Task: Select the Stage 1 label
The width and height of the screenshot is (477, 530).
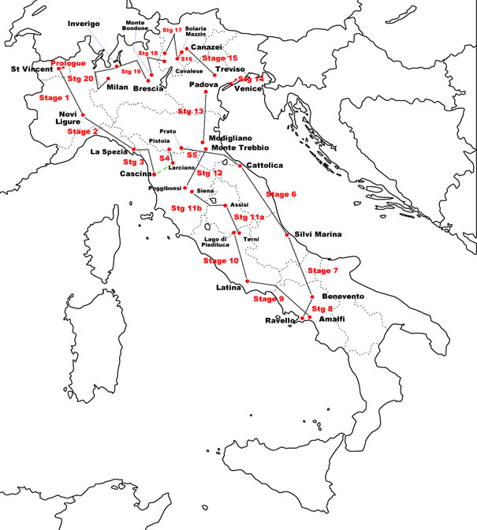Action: point(54,99)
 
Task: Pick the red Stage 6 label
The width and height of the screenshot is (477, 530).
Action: point(281,194)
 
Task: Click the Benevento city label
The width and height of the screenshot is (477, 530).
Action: point(343,296)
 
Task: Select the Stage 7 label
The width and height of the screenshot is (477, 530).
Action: point(322,271)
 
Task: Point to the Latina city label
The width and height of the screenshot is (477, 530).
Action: point(228,288)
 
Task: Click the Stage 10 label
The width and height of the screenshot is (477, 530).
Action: point(221,260)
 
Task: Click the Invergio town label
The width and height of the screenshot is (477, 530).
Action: point(84,24)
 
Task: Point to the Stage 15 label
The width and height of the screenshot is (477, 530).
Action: point(220,58)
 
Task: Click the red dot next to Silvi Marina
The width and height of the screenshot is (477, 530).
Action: point(286,234)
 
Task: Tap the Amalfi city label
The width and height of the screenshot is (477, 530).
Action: point(333,319)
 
